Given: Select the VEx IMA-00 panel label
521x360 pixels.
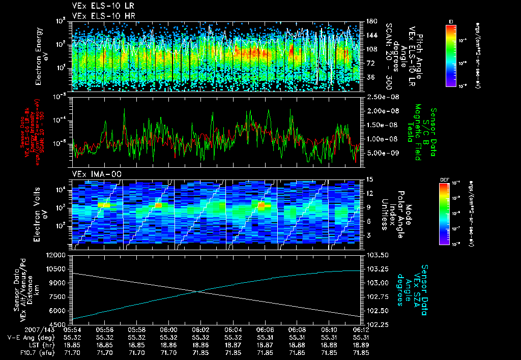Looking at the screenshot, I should tap(90, 174).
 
